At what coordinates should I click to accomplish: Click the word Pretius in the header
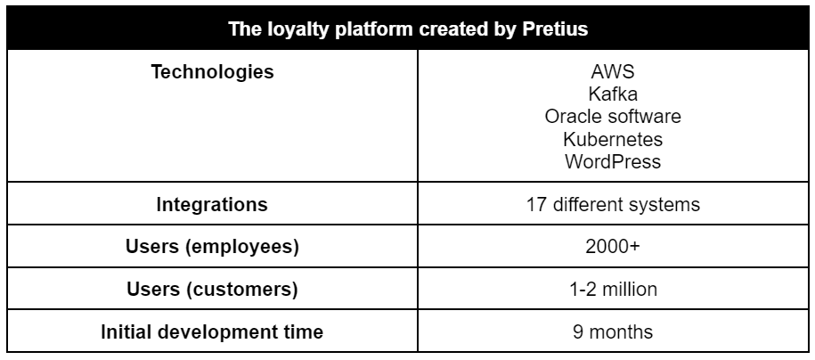pyautogui.click(x=555, y=29)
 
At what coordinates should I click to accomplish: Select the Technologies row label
pyautogui.click(x=212, y=72)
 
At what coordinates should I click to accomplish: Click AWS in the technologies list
pyautogui.click(x=613, y=72)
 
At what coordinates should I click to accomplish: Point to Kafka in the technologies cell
pyautogui.click(x=613, y=94)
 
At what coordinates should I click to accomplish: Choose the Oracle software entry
pyautogui.click(x=613, y=117)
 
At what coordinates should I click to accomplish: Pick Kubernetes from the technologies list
pyautogui.click(x=613, y=139)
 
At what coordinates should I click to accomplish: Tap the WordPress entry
pyautogui.click(x=613, y=162)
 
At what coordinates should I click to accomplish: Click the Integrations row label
pyautogui.click(x=212, y=204)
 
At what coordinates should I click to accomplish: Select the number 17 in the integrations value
pyautogui.click(x=536, y=204)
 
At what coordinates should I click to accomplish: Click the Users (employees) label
pyautogui.click(x=212, y=247)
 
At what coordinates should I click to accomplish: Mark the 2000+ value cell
pyautogui.click(x=613, y=247)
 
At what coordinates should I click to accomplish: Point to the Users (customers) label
pyautogui.click(x=212, y=290)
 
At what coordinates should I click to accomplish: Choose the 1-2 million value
pyautogui.click(x=613, y=290)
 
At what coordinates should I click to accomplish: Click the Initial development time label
pyautogui.click(x=212, y=331)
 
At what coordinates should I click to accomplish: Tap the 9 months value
pyautogui.click(x=613, y=331)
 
